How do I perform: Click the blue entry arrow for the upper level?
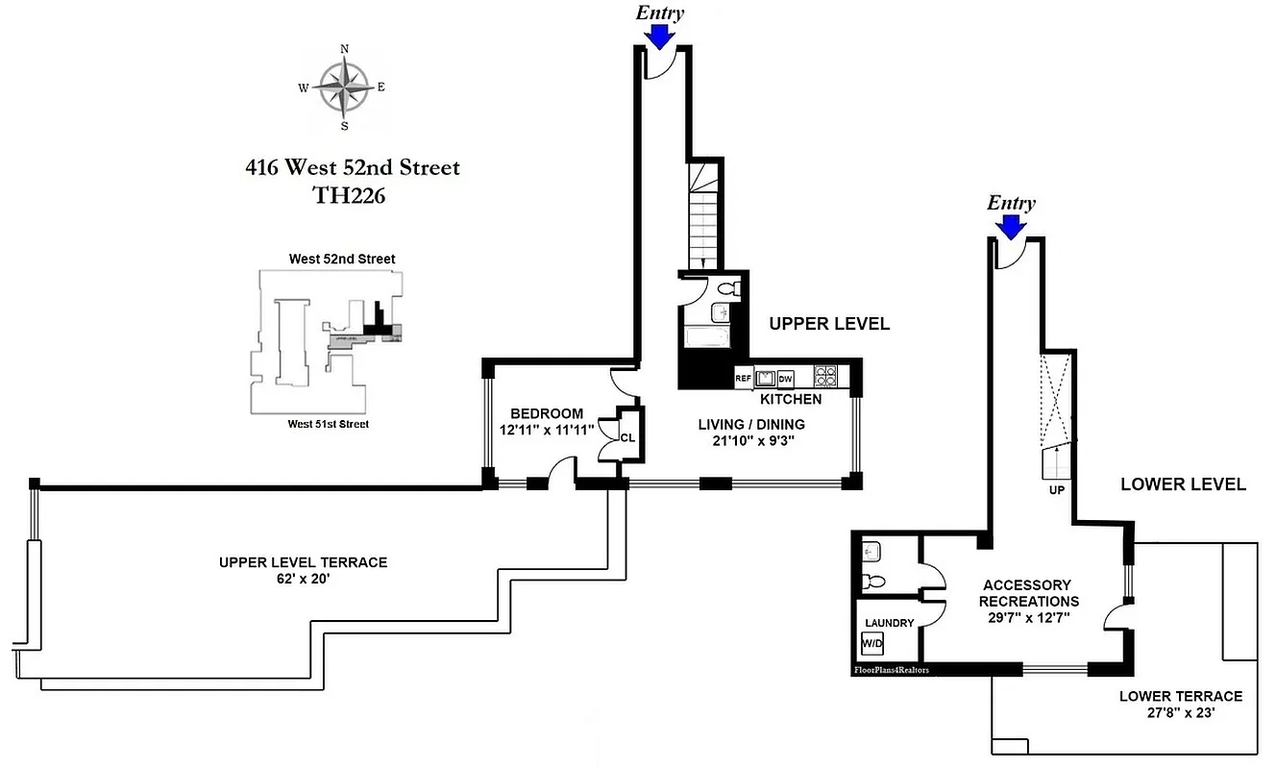[659, 36]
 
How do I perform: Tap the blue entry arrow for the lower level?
[1010, 226]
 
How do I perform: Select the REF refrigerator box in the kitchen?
[743, 379]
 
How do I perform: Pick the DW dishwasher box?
[785, 379]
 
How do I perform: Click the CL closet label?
[627, 437]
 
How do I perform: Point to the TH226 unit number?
[352, 195]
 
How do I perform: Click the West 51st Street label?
[330, 424]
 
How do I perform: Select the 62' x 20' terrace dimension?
[303, 579]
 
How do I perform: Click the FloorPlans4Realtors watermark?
[896, 670]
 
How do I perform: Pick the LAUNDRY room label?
[889, 623]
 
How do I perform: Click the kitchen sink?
[765, 378]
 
